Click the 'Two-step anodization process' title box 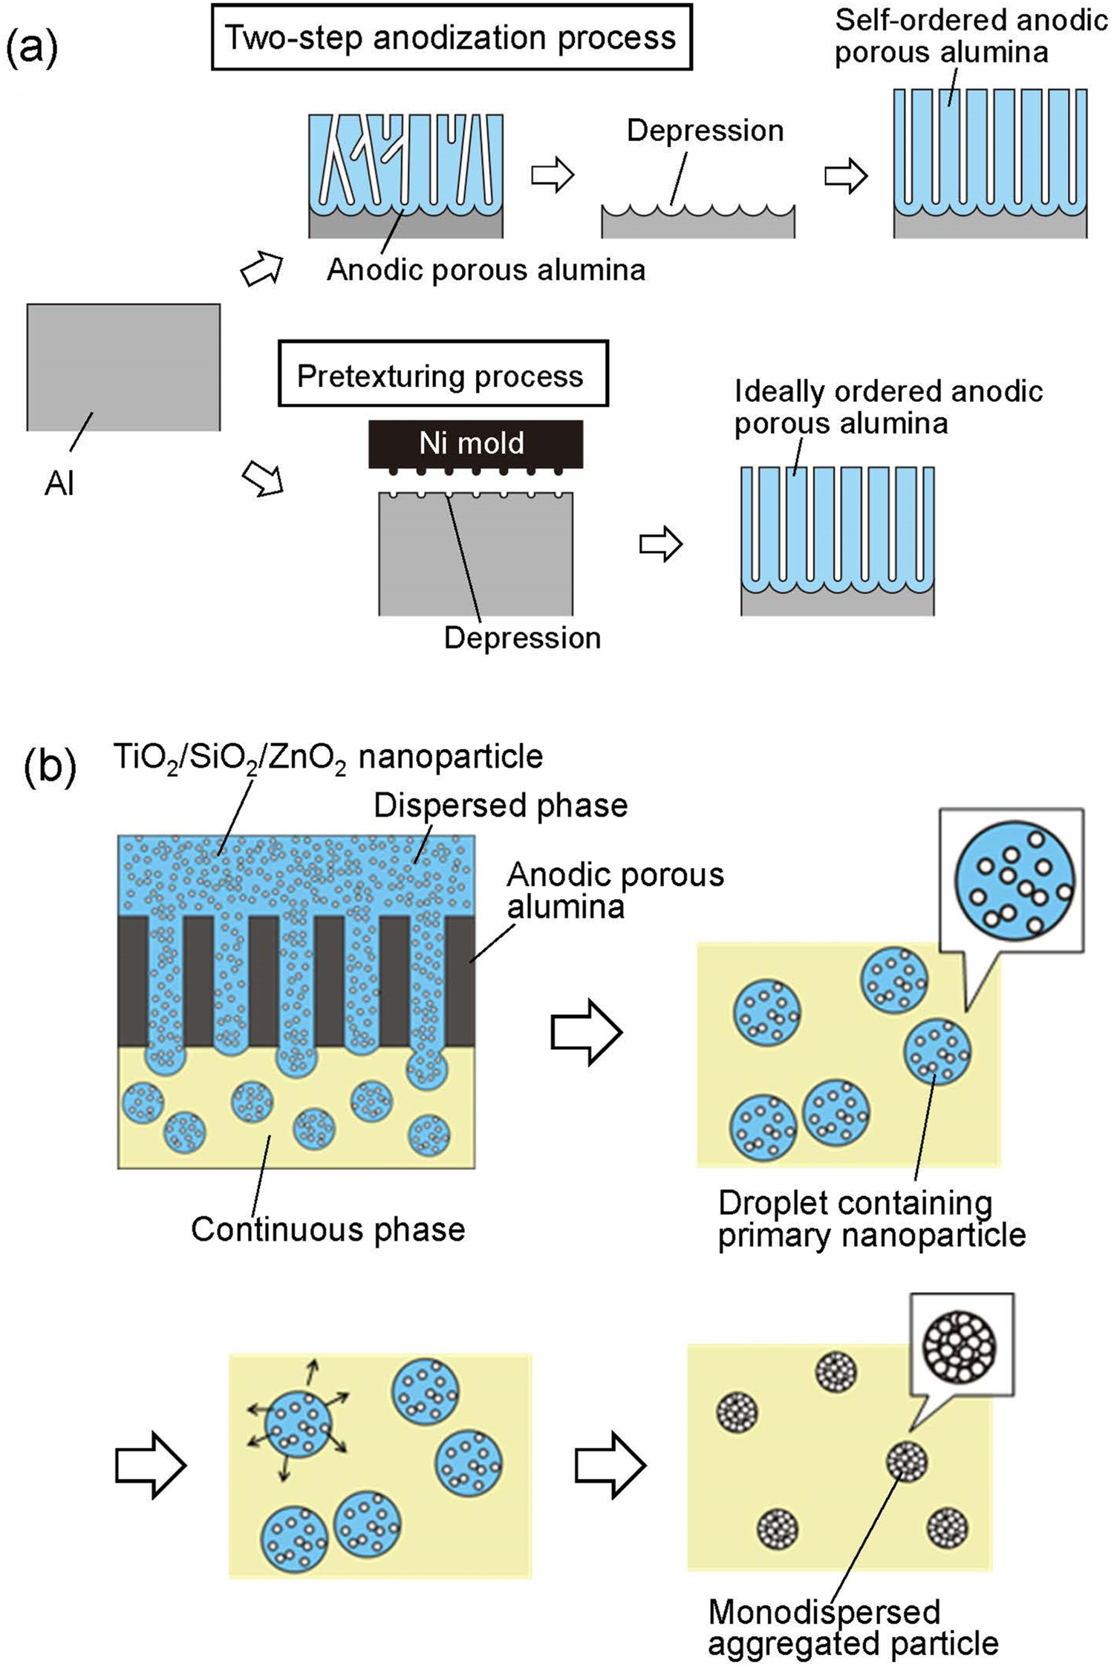[451, 37]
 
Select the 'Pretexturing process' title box [442, 375]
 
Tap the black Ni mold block [475, 443]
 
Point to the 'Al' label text [59, 484]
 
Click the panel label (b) [50, 767]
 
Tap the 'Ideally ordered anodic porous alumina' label [887, 406]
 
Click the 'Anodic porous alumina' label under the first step [486, 270]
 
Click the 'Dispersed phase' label [500, 806]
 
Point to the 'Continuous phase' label [328, 1229]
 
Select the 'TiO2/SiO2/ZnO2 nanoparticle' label [328, 757]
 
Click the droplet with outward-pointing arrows [298, 1423]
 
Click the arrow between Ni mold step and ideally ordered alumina [660, 544]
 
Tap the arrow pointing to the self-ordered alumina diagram [846, 176]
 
